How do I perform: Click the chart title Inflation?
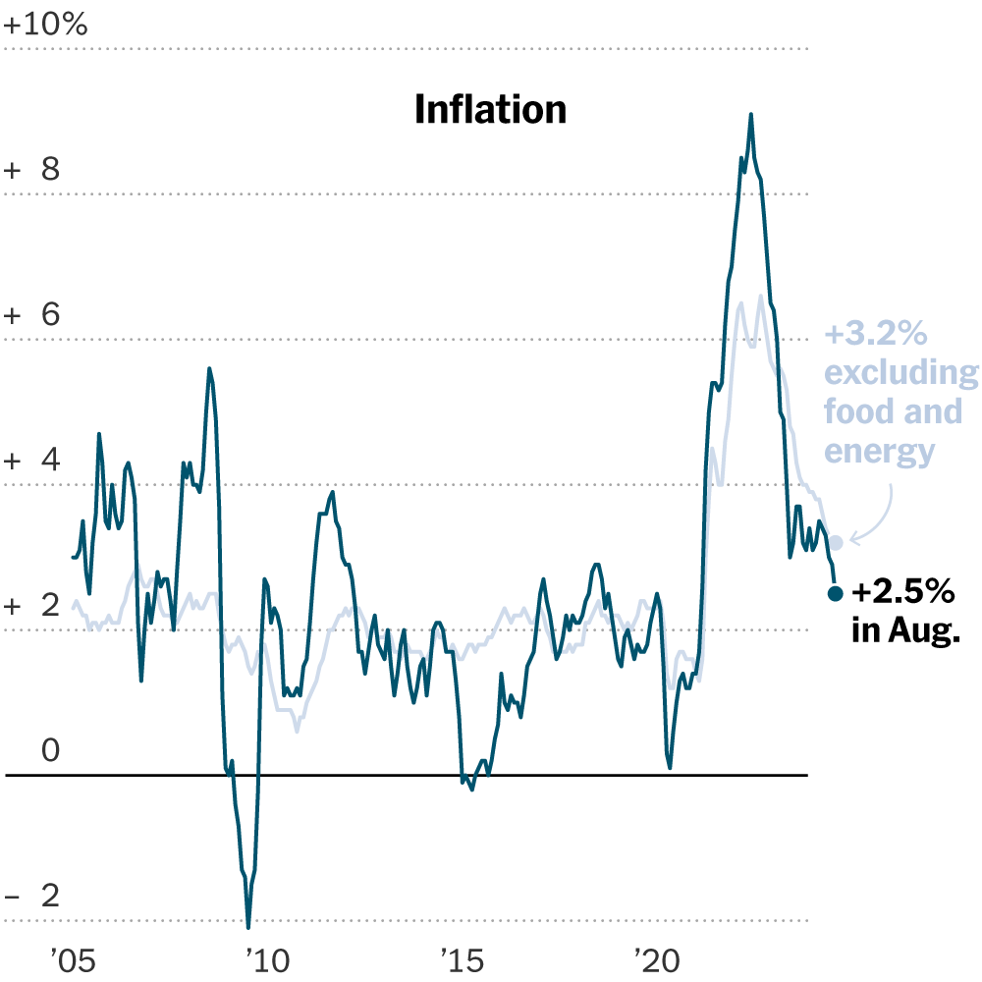coord(491,109)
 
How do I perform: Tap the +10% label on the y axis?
coord(46,25)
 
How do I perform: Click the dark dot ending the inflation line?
coord(836,593)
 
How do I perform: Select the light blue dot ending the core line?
coord(836,542)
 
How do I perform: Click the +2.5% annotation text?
coord(902,592)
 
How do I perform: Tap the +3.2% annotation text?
coord(876,335)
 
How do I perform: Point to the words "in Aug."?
coord(904,630)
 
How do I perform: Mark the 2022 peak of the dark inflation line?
coord(751,115)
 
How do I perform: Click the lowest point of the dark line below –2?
coord(248,926)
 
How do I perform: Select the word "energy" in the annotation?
coord(879,451)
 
